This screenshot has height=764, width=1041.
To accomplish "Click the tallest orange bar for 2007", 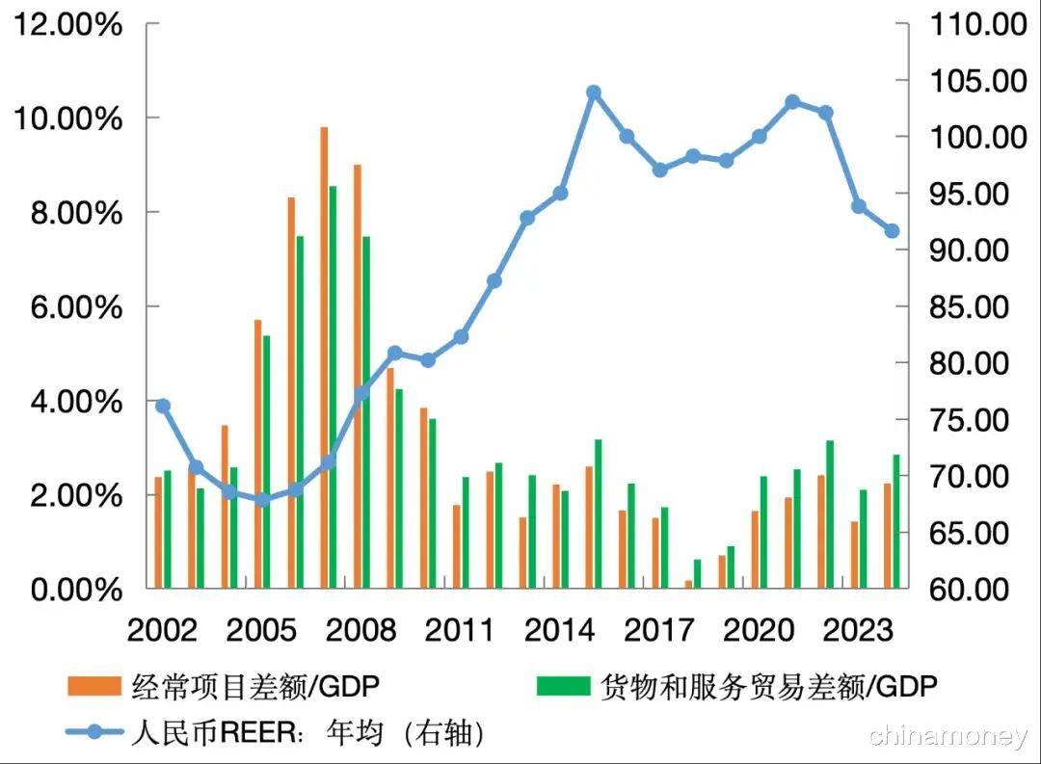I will [324, 356].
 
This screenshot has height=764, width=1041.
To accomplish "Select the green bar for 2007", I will [333, 385].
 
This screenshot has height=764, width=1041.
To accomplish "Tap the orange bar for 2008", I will [357, 376].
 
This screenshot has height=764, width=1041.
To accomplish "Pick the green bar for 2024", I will [895, 520].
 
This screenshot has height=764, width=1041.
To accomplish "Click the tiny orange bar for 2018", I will [688, 584].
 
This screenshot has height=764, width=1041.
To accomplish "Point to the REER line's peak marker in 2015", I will [594, 92].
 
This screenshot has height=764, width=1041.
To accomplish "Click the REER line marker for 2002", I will [163, 406].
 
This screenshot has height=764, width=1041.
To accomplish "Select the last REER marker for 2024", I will [892, 231].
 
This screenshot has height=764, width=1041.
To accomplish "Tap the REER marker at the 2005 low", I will [262, 499].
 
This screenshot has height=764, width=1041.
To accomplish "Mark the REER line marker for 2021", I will [792, 101].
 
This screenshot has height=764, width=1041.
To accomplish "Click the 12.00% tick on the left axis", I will [67, 24].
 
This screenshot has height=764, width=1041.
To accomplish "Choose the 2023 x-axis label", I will [858, 631].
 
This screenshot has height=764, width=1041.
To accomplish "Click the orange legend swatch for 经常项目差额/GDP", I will [93, 686].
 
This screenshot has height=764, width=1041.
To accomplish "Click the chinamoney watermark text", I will [948, 737].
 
